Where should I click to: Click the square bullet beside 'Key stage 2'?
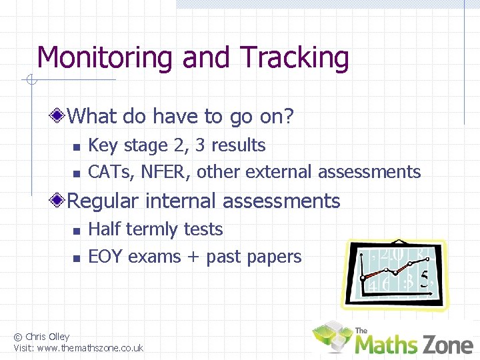click(x=76, y=147)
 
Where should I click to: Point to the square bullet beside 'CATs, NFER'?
click(x=76, y=173)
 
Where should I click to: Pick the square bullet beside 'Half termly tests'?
click(x=76, y=231)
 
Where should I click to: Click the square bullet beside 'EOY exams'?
click(x=76, y=258)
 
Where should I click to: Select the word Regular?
click(x=103, y=201)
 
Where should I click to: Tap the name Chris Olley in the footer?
click(x=47, y=337)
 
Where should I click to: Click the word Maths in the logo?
click(x=385, y=344)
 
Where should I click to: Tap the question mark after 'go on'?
click(x=288, y=117)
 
